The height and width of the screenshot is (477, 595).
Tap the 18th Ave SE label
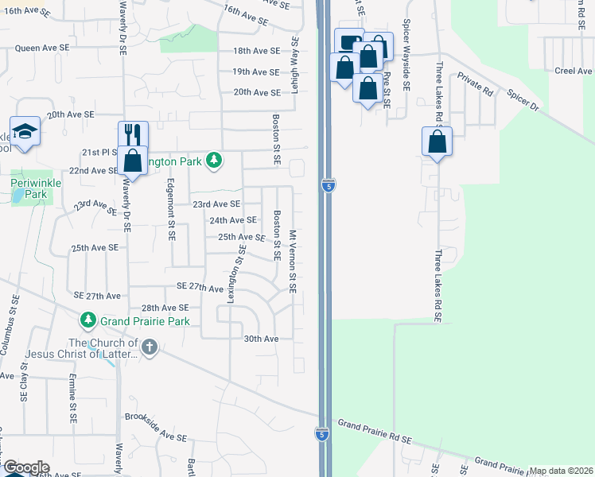pyautogui.click(x=256, y=50)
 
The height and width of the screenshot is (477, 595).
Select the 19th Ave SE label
pyautogui.click(x=256, y=72)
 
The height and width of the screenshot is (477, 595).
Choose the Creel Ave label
pyautogui.click(x=574, y=72)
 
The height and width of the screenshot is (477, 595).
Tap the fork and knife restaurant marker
pyautogui.click(x=133, y=134)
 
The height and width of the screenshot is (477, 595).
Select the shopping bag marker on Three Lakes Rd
pyautogui.click(x=437, y=142)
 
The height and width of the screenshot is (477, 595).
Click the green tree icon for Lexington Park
pyautogui.click(x=213, y=161)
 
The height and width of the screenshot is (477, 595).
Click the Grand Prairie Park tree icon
pyautogui.click(x=87, y=321)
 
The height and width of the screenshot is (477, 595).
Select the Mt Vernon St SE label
pyautogui.click(x=293, y=261)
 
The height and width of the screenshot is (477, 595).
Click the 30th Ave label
pyautogui.click(x=261, y=339)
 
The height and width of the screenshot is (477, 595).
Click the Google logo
pyautogui.click(x=25, y=467)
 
